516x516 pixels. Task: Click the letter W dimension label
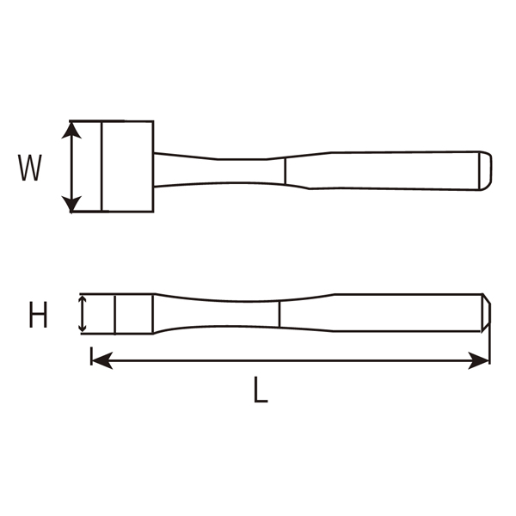coord(31,168)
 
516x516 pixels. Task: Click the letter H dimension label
coord(38,316)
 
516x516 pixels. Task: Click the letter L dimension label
coord(261,392)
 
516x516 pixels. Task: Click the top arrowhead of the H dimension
coord(83,301)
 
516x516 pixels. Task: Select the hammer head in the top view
coord(127,166)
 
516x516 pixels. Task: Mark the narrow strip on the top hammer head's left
coord(86,166)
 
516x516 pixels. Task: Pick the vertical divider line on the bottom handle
coord(279,314)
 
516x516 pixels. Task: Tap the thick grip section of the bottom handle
coord(396,314)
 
